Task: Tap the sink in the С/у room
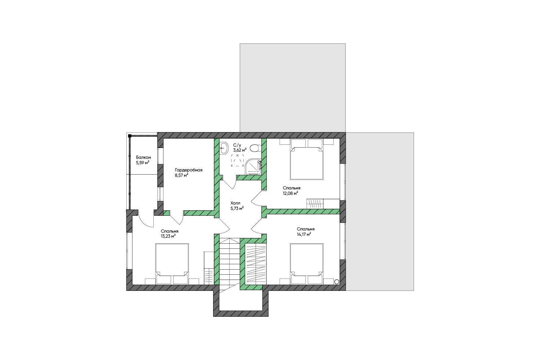coord(224,148)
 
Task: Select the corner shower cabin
coord(253,167)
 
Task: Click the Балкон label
coord(143,157)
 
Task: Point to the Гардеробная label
coord(189,170)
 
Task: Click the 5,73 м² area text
coord(237,208)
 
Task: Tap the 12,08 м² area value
coord(290,193)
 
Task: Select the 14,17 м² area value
coord(303,234)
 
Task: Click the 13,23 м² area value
coord(168,236)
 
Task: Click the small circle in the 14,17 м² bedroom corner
coord(337,282)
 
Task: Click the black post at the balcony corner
coord(130,136)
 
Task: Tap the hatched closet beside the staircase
coord(256,263)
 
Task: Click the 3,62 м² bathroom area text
coord(240,150)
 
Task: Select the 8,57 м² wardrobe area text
coord(181,175)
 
